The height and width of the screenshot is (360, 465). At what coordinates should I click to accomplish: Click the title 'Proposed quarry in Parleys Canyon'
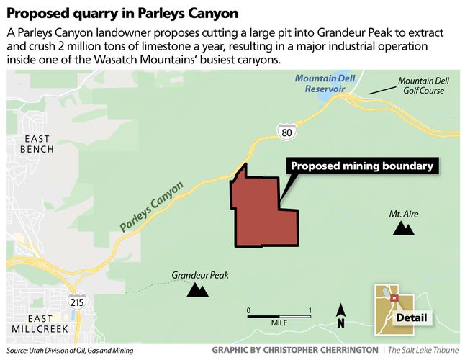[x=122, y=13]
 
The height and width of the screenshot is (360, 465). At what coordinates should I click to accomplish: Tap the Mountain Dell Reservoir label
[x=326, y=83]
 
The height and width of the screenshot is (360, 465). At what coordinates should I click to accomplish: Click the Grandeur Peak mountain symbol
[x=197, y=289]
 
